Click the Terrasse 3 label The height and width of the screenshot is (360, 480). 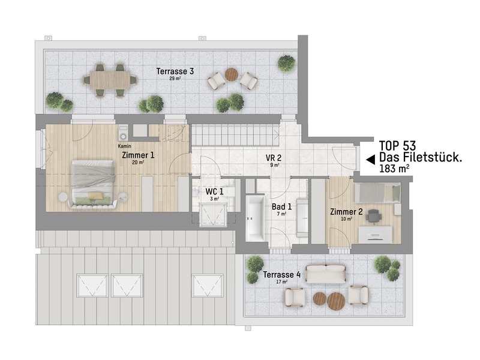click(175, 71)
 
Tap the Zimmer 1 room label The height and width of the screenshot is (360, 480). click(138, 155)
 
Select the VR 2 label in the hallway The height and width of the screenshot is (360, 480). click(274, 158)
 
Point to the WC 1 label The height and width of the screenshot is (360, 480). click(214, 191)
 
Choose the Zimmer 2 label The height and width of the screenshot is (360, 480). click(346, 211)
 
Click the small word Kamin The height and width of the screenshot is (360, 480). click(124, 146)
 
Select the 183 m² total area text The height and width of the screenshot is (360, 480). click(394, 170)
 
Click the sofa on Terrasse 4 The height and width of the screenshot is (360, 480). click(326, 274)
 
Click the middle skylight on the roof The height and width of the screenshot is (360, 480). click(128, 284)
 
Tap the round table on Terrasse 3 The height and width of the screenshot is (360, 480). click(232, 75)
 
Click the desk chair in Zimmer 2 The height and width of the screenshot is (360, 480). click(374, 214)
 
